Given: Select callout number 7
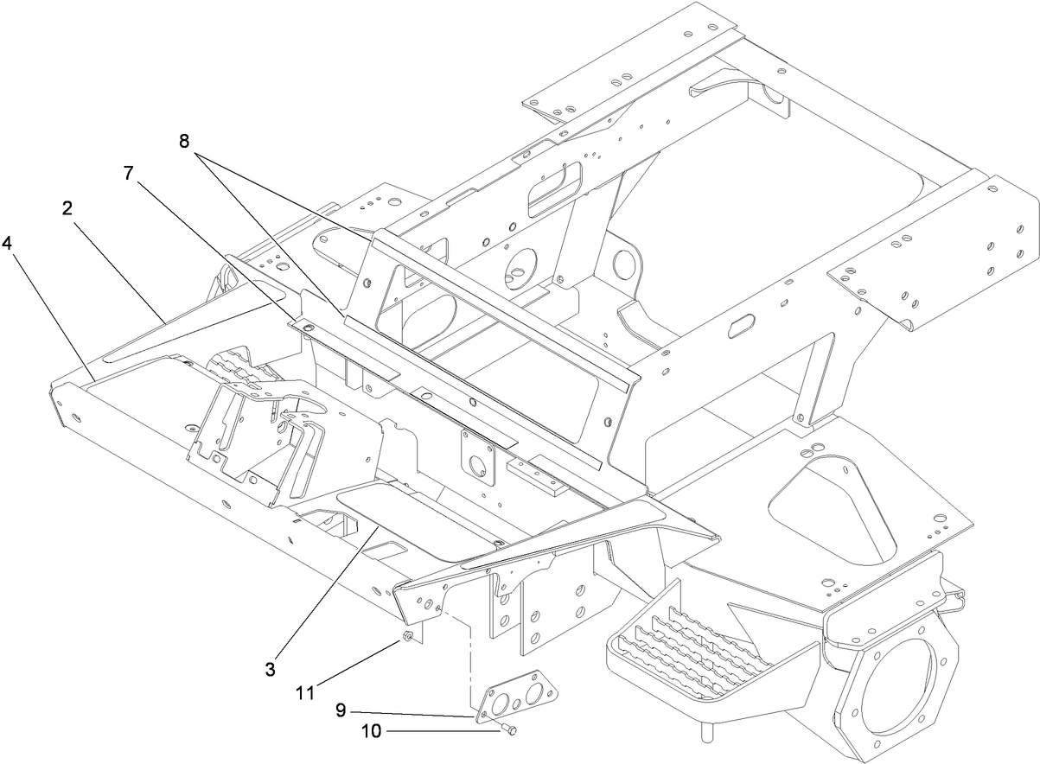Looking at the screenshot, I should coord(129,173).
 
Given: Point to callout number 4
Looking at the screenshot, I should coord(8,244).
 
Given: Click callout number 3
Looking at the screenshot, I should coord(271,668).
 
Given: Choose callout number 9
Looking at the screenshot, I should coord(341,710).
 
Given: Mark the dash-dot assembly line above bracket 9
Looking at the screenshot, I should coord(470,657).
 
